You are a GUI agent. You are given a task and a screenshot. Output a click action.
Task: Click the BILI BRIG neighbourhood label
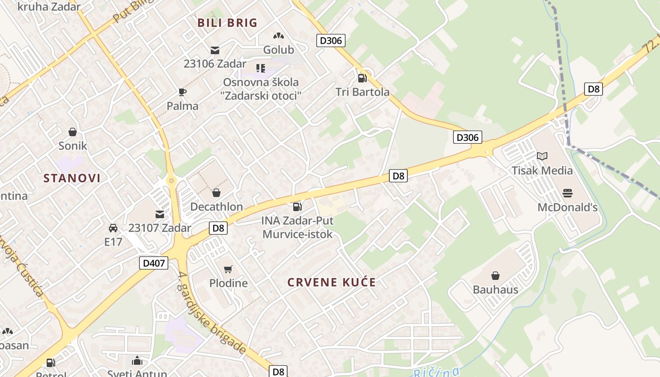[x=227, y=23]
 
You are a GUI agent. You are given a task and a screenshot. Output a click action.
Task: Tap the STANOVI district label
[x=72, y=178]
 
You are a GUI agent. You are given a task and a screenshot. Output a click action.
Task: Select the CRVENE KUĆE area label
[x=332, y=282]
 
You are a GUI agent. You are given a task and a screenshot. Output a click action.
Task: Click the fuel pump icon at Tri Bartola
[x=362, y=78]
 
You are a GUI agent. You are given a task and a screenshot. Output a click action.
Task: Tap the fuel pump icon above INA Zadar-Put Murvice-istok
[x=297, y=206]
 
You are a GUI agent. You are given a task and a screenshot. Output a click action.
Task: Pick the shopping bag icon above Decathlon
[x=216, y=192]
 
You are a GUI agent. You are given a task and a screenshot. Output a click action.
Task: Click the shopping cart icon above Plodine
[x=228, y=269]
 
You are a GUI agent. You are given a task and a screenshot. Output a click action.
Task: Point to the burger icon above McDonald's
[x=567, y=193]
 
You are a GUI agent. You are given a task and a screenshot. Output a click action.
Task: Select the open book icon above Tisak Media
[x=542, y=156]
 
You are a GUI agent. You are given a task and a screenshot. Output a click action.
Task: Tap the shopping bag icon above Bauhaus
[x=495, y=275]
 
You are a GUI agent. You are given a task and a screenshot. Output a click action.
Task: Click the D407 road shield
[x=154, y=263]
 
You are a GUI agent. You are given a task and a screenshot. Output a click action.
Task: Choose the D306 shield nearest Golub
[x=330, y=41]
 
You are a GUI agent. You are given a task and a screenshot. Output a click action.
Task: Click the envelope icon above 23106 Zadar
[x=215, y=50]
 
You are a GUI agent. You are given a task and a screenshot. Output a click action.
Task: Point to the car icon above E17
[x=113, y=228]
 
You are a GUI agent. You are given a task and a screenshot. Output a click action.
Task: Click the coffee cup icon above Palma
[x=182, y=92]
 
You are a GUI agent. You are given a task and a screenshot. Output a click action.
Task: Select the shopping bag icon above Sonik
[x=73, y=131]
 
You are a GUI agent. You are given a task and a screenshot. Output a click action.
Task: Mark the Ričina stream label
[x=436, y=372]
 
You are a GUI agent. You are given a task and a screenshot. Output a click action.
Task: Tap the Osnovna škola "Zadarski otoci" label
[x=261, y=89]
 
